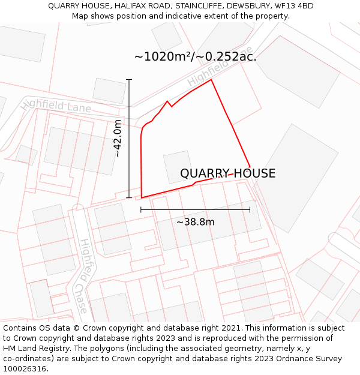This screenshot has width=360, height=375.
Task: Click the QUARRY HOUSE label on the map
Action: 227,173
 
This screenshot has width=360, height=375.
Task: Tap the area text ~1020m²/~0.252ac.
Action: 195,57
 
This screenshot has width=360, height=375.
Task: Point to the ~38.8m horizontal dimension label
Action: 195,222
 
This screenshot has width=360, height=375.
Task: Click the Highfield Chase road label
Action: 83,276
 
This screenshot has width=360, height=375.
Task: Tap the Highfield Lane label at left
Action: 56,106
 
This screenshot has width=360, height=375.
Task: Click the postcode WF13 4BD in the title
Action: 293,6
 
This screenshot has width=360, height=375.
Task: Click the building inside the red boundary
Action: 178,166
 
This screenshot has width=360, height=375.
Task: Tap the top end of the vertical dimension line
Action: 129,79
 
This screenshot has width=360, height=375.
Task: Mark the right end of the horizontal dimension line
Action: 250,209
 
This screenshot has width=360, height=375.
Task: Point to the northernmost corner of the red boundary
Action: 211,80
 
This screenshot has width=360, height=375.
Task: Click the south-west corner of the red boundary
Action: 142,197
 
